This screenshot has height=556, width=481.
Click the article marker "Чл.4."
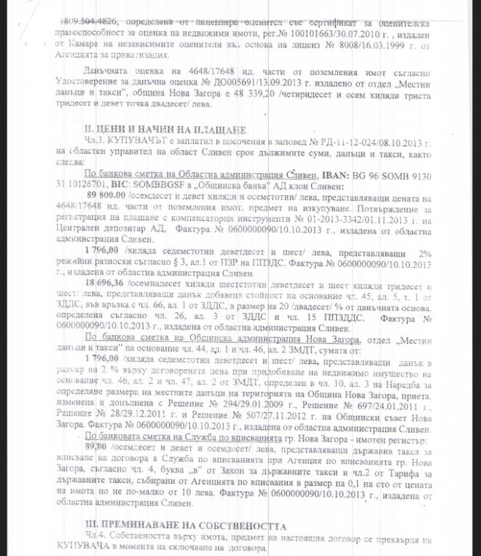[93, 537]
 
